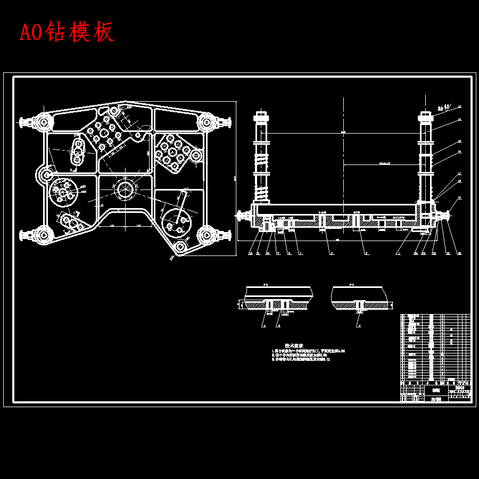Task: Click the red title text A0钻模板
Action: click(67, 32)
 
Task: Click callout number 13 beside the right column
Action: click(459, 107)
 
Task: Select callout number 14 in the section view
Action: click(459, 120)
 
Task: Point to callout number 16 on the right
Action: click(459, 153)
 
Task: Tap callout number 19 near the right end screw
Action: click(459, 198)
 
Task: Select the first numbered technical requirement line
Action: click(309, 352)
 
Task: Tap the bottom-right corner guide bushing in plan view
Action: click(207, 234)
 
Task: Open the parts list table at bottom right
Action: click(435, 357)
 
